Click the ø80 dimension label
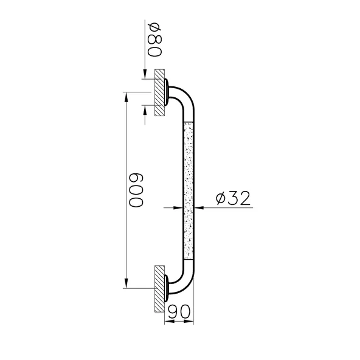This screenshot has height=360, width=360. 154,40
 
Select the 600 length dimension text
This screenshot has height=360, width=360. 136,190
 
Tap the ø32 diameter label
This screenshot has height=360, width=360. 233,198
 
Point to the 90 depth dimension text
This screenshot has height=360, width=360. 179,311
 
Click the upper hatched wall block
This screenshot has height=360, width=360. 159,92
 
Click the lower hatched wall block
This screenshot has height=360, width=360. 159,289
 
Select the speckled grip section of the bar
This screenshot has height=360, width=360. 189,190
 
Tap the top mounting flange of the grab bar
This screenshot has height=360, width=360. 167,92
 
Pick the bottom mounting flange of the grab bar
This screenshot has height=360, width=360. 167,288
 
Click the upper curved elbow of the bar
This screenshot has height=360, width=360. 186,97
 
